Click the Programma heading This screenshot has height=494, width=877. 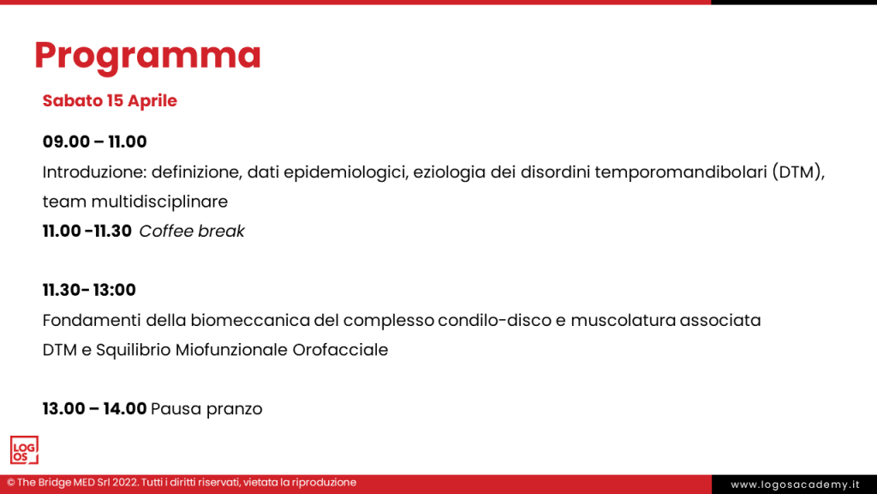click(147, 56)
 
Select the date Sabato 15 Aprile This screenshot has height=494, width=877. click(110, 100)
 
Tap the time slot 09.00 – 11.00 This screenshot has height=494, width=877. click(94, 142)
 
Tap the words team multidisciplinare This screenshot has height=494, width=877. click(134, 202)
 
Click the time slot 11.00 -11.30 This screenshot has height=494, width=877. click(87, 231)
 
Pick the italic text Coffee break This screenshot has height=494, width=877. click(192, 231)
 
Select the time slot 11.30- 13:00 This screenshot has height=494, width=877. click(89, 290)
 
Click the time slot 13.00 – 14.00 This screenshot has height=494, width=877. click(94, 409)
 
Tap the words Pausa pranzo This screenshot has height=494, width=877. click(206, 409)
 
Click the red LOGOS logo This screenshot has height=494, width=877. click(24, 450)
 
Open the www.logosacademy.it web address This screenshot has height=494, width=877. click(794, 485)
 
